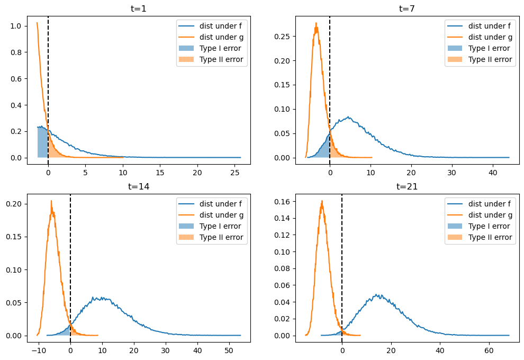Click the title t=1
(x=138, y=8)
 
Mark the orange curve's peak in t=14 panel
(x=51, y=201)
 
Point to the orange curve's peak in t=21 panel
(x=321, y=201)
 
